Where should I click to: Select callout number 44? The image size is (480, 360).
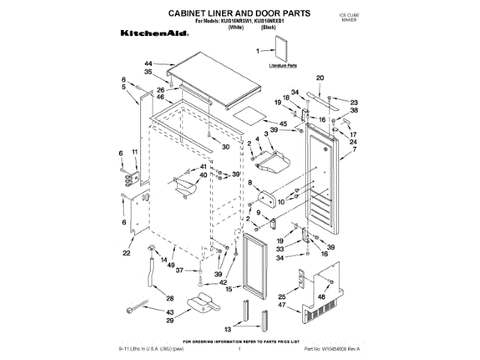point(148,63)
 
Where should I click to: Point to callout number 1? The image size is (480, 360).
point(260,51)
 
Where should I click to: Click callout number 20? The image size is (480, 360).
point(319,78)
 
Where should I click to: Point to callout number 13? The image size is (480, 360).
point(229,329)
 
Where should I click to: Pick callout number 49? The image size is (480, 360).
point(172,266)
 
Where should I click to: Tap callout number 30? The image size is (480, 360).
point(226,147)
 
